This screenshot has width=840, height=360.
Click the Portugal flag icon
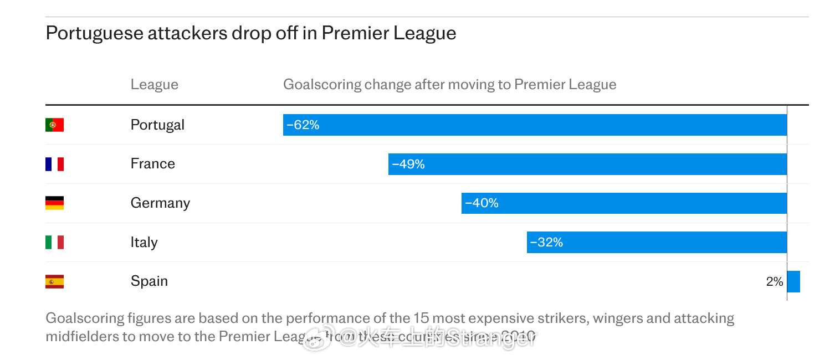point(54,125)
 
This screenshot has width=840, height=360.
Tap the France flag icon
point(54,164)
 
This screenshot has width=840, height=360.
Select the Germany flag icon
point(54,203)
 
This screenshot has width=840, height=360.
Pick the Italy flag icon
point(54,242)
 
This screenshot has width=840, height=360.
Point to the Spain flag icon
point(54,281)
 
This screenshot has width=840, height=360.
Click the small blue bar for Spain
point(793,281)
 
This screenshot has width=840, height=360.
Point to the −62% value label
point(303,125)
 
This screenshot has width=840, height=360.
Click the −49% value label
point(408,164)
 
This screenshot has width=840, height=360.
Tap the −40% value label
point(482,203)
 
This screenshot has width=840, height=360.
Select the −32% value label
point(546,242)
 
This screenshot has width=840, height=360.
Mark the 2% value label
point(775,281)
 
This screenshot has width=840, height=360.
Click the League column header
point(155,85)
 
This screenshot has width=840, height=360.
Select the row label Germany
point(160,203)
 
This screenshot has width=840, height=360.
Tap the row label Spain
point(149,281)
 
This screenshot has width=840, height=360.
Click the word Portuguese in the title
point(94,33)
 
